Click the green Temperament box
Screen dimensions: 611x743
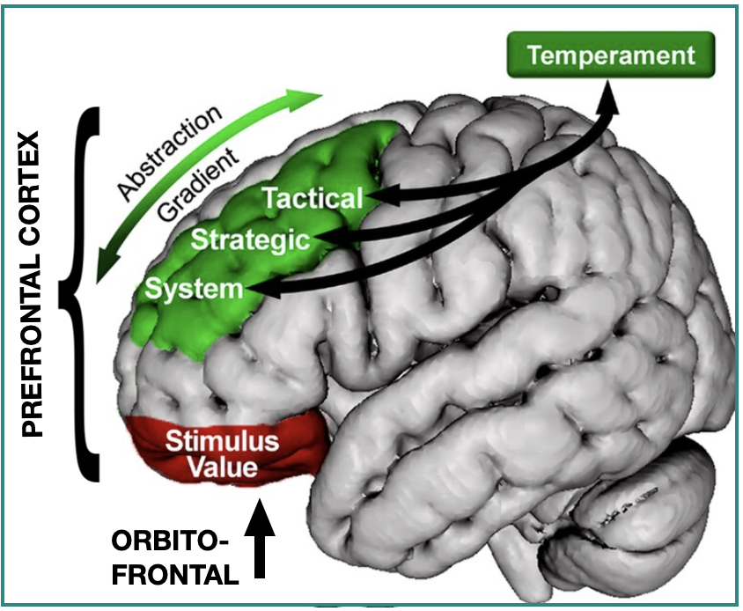tap(611, 56)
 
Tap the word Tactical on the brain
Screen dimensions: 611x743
tap(313, 197)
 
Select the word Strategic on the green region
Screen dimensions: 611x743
tap(251, 239)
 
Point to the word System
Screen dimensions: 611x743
tap(194, 287)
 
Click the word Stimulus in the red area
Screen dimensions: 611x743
tap(222, 440)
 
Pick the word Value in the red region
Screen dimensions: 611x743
tap(224, 467)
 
